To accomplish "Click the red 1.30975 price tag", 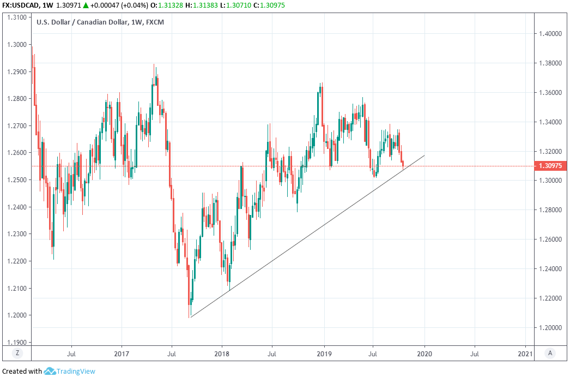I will click(x=550, y=166).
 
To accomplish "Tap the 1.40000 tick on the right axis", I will click(x=550, y=34).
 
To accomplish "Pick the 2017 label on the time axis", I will click(x=121, y=354).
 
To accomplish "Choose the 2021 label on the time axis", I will click(x=525, y=354).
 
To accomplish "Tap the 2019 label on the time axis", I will click(x=324, y=354).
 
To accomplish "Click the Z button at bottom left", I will click(x=17, y=353).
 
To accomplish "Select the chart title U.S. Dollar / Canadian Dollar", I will click(x=81, y=22).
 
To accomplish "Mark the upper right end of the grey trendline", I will click(x=425, y=155).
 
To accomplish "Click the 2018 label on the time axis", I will click(x=222, y=354).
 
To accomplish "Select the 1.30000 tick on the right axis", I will click(x=550, y=181).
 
